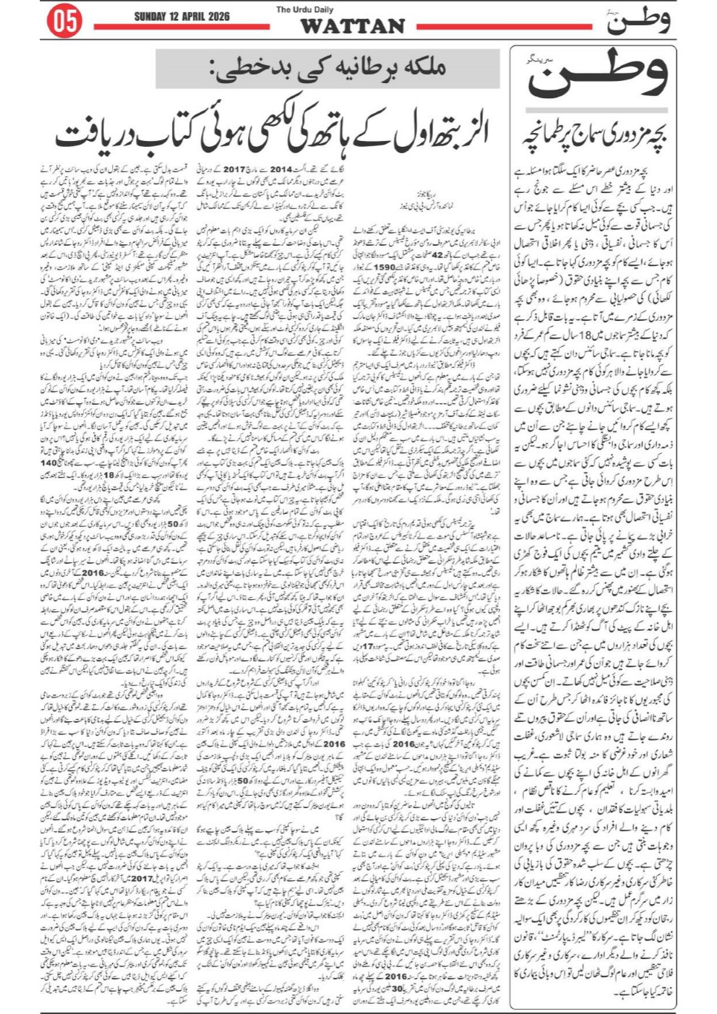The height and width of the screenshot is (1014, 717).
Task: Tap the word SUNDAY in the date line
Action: pyautogui.click(x=151, y=17)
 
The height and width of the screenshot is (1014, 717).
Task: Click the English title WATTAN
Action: pyautogui.click(x=351, y=27)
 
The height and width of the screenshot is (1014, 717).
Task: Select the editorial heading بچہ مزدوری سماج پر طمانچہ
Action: pyautogui.click(x=593, y=135)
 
